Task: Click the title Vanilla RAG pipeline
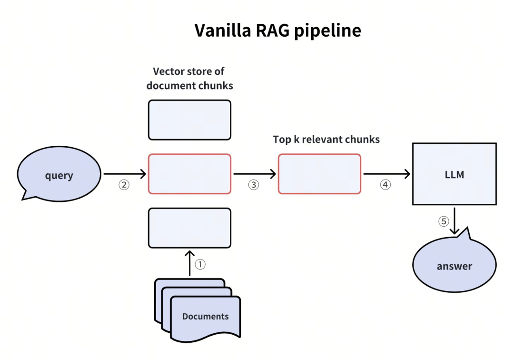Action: point(277,30)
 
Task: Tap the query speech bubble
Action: point(59,175)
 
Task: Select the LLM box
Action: point(454,174)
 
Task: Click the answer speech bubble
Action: point(454,266)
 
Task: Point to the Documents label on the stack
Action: point(205,316)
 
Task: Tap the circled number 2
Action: point(124,185)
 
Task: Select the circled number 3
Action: point(254,185)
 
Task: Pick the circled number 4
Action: point(385,185)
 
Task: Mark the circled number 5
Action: point(444,221)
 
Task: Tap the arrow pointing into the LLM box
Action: point(386,174)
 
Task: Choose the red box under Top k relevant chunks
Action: point(319,174)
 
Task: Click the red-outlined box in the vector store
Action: point(189,174)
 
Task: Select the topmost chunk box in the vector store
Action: point(189,120)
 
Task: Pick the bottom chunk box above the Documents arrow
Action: point(189,228)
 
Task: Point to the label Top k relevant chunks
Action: point(326,140)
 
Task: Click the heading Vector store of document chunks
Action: point(189,79)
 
